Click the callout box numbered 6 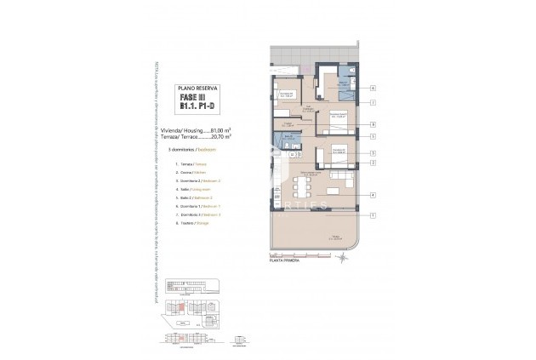click(373, 88)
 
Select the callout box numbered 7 click(373, 102)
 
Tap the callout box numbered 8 click(373, 125)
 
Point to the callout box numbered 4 click(373, 195)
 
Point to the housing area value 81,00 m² click(220, 130)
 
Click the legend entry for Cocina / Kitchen click(191, 173)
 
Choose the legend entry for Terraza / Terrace click(191, 163)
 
